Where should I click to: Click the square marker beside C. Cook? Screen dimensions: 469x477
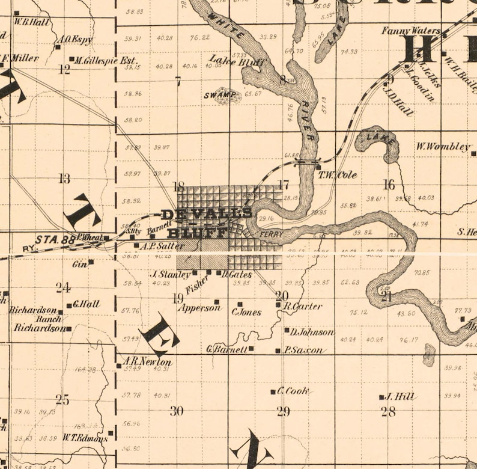(273, 391)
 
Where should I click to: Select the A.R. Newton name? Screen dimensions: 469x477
(147, 363)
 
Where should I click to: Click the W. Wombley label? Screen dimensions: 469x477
(443, 146)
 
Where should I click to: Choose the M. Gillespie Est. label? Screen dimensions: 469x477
(106, 61)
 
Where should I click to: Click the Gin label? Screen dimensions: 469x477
(80, 263)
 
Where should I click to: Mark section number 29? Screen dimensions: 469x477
(283, 412)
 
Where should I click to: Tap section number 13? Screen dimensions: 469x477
(64, 178)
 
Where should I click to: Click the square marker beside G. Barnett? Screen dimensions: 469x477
(251, 349)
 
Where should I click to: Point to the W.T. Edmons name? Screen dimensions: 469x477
(85, 438)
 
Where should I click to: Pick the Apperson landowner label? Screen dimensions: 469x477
(199, 308)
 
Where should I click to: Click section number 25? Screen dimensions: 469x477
(62, 400)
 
